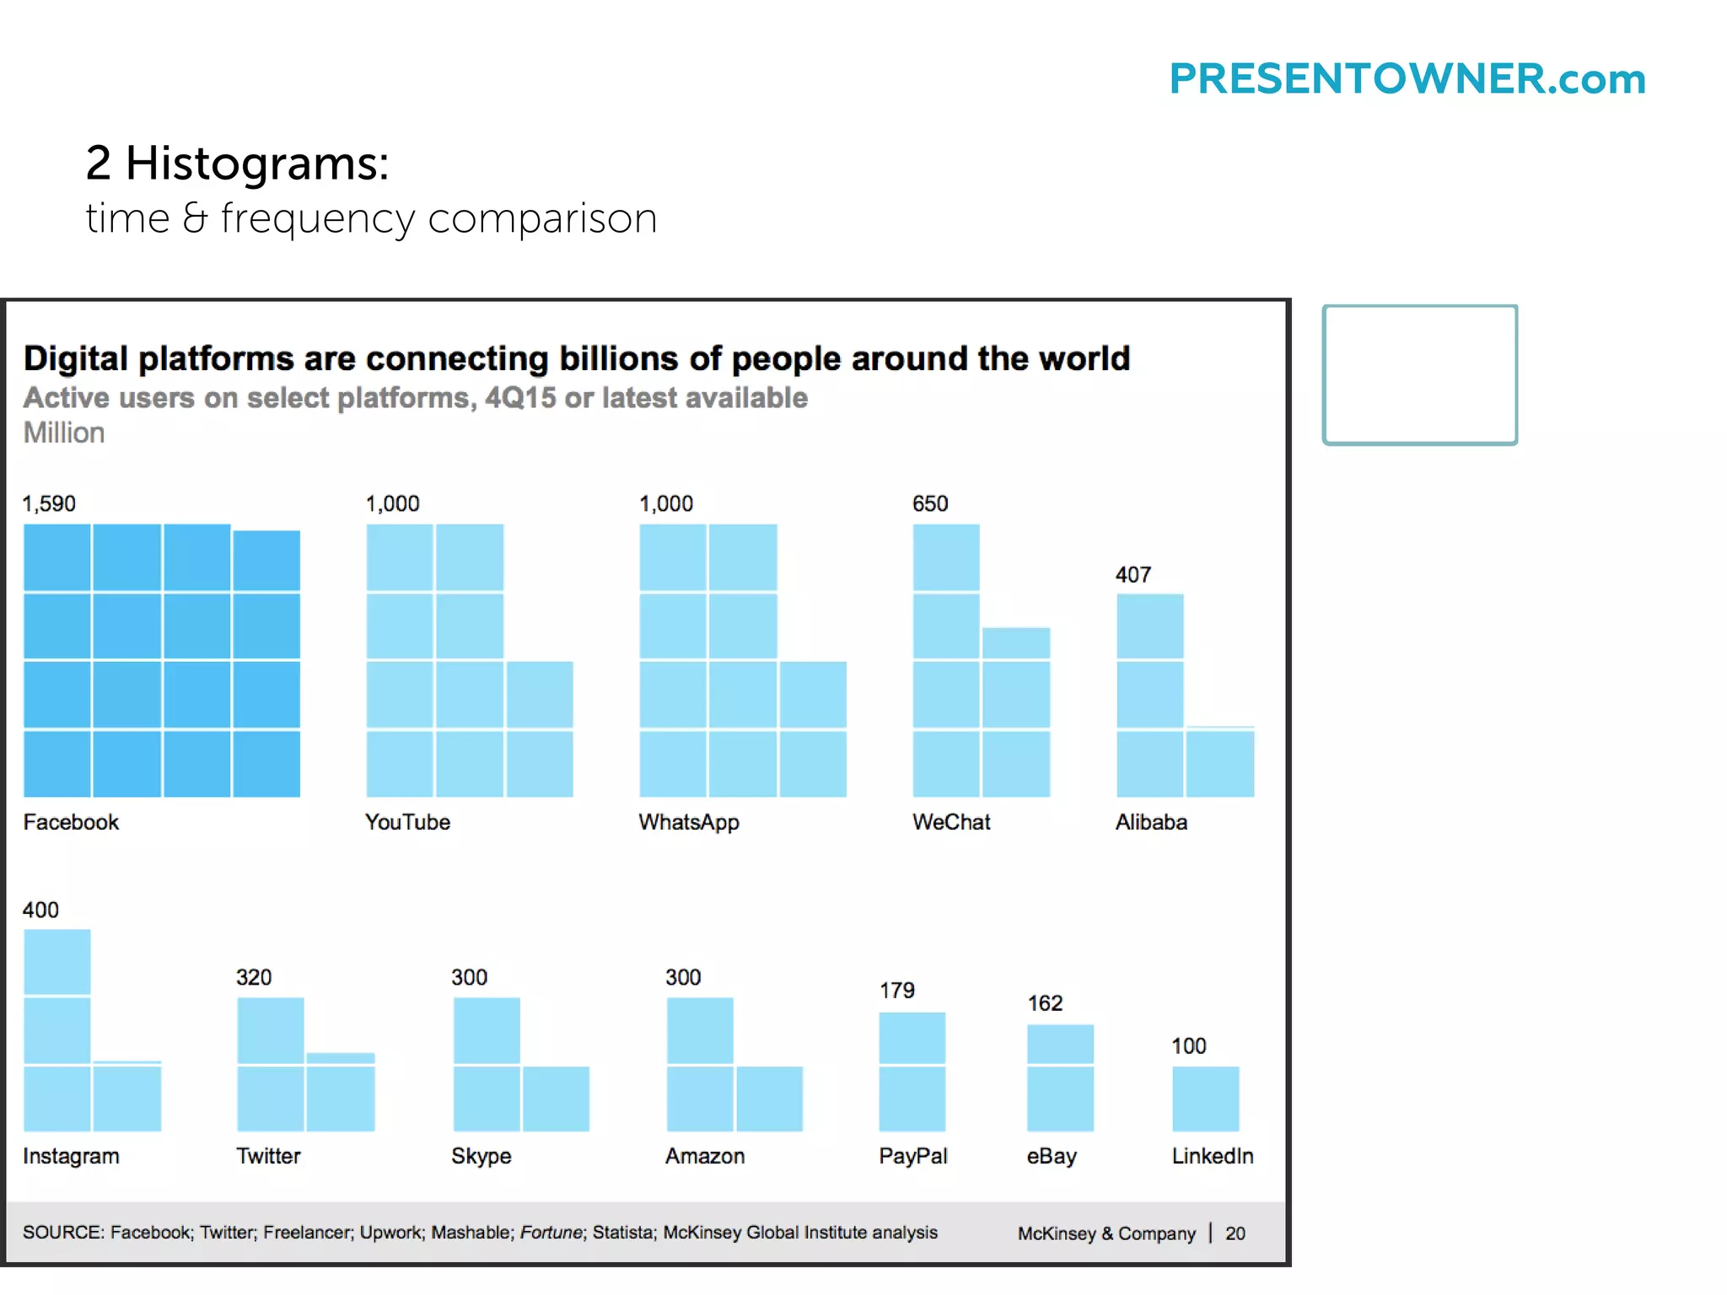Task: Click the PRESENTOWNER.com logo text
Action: (1407, 79)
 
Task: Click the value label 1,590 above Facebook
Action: (49, 504)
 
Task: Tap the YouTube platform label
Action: (407, 822)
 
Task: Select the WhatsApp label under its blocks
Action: (689, 822)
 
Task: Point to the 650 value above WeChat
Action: (930, 504)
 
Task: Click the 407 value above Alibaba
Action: (1133, 575)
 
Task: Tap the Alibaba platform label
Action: (1151, 822)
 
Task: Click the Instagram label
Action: (71, 1156)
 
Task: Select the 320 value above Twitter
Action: (254, 978)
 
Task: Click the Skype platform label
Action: (481, 1156)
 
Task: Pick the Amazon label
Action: (705, 1156)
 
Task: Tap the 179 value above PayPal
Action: (896, 991)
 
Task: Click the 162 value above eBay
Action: (1045, 1003)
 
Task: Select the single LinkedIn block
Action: (1205, 1099)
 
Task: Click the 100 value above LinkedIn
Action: (1188, 1046)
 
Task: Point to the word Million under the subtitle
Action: (64, 433)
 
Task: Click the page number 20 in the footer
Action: (1235, 1233)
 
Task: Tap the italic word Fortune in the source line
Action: (551, 1233)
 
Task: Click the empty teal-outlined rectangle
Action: (1419, 374)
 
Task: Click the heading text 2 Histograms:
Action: (237, 163)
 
